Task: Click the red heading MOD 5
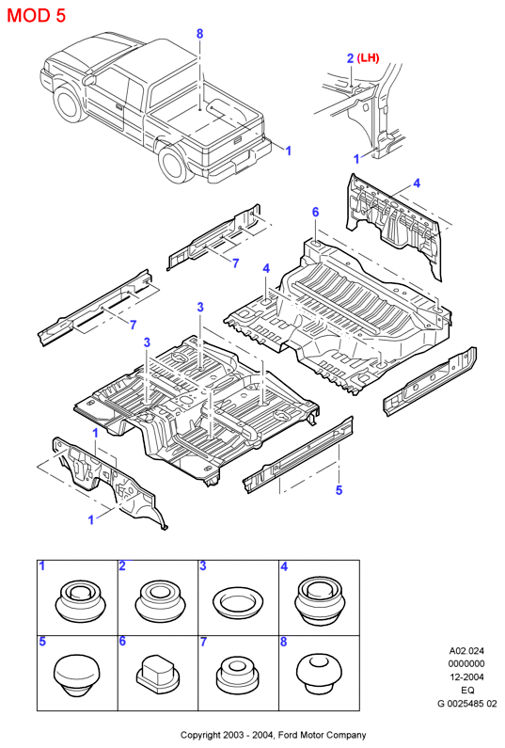point(37,16)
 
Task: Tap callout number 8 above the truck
point(199,33)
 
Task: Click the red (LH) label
point(369,58)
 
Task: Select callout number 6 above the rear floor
point(315,212)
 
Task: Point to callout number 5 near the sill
point(339,490)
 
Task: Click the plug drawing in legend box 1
point(78,601)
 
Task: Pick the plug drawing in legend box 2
point(159,600)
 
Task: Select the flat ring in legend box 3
point(239,602)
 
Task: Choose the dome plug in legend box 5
point(76,676)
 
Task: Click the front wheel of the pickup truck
point(69,103)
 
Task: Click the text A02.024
point(466,650)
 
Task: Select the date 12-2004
point(466,676)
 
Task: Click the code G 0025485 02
point(466,703)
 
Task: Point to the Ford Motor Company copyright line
point(274,735)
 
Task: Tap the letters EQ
point(467,690)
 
